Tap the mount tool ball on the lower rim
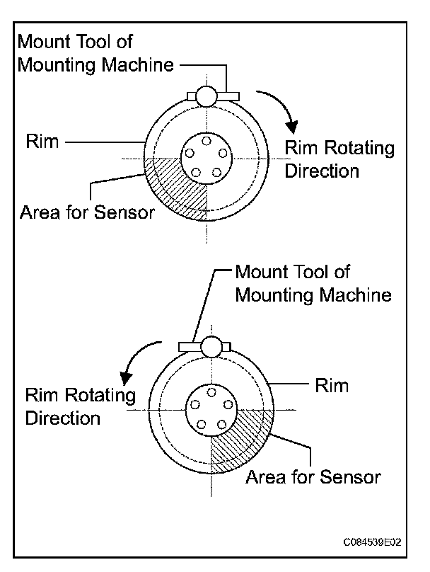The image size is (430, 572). tap(211, 346)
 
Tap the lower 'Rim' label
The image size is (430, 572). tap(331, 386)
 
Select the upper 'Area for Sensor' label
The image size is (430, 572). tap(87, 212)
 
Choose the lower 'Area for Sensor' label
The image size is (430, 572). tap(313, 476)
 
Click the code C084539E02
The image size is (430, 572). tap(373, 542)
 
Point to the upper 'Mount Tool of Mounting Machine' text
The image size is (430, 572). tap(95, 53)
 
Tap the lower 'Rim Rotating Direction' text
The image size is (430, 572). tap(80, 406)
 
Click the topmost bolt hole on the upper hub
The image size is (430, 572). tap(206, 141)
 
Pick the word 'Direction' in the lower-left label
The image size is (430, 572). tap(64, 417)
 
